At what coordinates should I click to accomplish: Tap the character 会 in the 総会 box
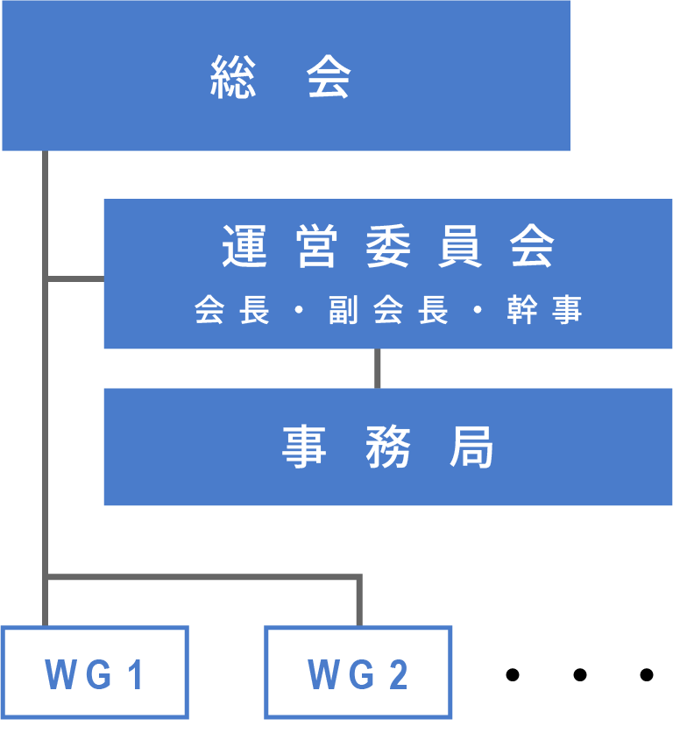point(329,76)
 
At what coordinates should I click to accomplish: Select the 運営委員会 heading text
point(388,247)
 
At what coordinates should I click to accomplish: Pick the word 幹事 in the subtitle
point(544,310)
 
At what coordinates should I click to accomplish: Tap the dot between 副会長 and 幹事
point(478,311)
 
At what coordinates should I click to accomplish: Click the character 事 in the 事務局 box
point(304,447)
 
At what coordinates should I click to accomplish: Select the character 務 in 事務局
point(388,447)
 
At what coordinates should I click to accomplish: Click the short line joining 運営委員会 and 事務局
point(378,369)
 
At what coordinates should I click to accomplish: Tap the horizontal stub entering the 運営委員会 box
point(75,279)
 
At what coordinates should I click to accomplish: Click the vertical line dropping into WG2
point(358,602)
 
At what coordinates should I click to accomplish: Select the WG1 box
point(95,673)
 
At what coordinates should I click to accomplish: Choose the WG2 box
point(358,673)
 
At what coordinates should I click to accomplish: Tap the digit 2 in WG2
point(399,675)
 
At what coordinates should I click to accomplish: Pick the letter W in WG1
point(60,675)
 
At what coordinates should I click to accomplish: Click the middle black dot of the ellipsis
point(579,674)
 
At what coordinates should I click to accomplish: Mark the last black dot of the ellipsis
point(647,674)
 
